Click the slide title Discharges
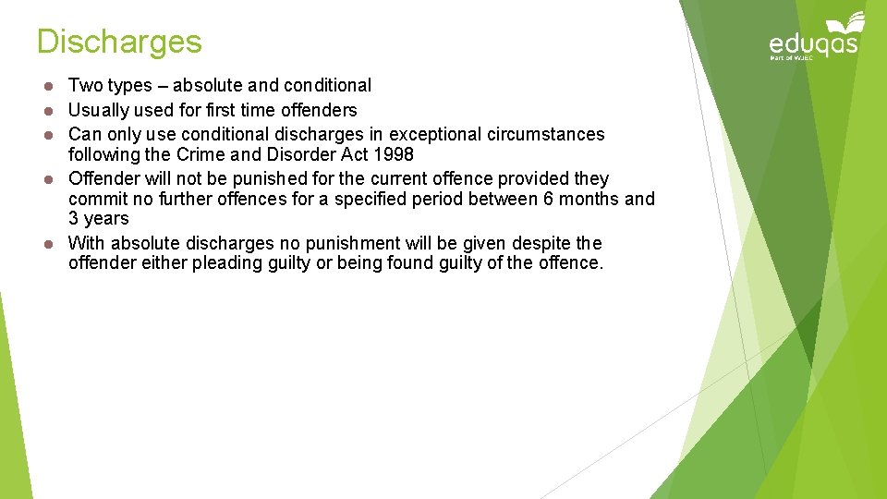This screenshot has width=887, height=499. click(x=119, y=42)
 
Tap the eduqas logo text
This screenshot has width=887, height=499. click(x=813, y=43)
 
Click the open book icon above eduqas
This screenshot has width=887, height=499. click(x=846, y=22)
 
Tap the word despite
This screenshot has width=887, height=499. click(x=540, y=243)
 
